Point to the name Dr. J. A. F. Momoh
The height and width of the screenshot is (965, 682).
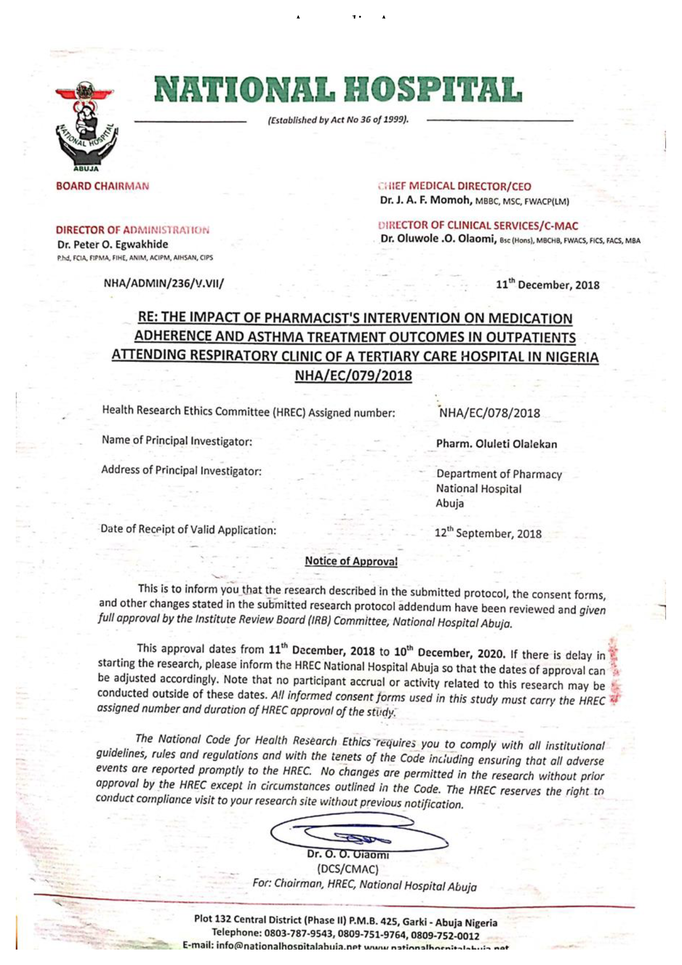click(x=426, y=200)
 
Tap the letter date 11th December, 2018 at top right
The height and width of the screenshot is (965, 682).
click(x=548, y=285)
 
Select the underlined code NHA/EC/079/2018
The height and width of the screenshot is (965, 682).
click(x=353, y=375)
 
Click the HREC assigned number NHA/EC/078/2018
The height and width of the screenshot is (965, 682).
click(x=489, y=413)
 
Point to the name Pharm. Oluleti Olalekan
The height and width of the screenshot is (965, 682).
click(x=496, y=444)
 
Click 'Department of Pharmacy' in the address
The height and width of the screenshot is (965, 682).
click(x=499, y=474)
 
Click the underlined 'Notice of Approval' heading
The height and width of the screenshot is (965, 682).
click(x=351, y=561)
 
